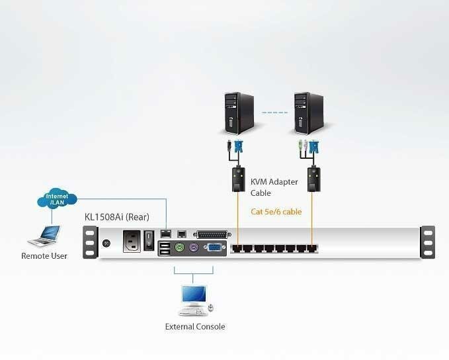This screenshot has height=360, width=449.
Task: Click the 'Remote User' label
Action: [44, 255]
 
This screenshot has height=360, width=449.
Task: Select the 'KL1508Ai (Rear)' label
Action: [116, 216]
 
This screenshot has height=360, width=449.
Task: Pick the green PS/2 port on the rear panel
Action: [177, 247]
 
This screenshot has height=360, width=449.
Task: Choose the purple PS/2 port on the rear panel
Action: [194, 247]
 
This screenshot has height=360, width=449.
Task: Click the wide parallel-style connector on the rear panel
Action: [213, 234]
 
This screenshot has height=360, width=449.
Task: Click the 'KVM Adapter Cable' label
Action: [274, 187]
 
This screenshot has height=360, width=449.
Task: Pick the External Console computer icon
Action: [193, 300]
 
